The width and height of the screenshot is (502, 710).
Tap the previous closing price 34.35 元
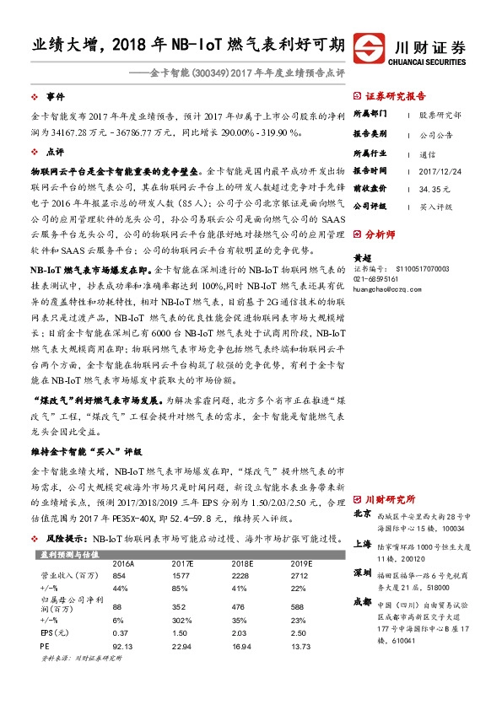431,188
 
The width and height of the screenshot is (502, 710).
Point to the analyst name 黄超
363,258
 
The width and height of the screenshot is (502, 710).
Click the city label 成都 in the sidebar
362,602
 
